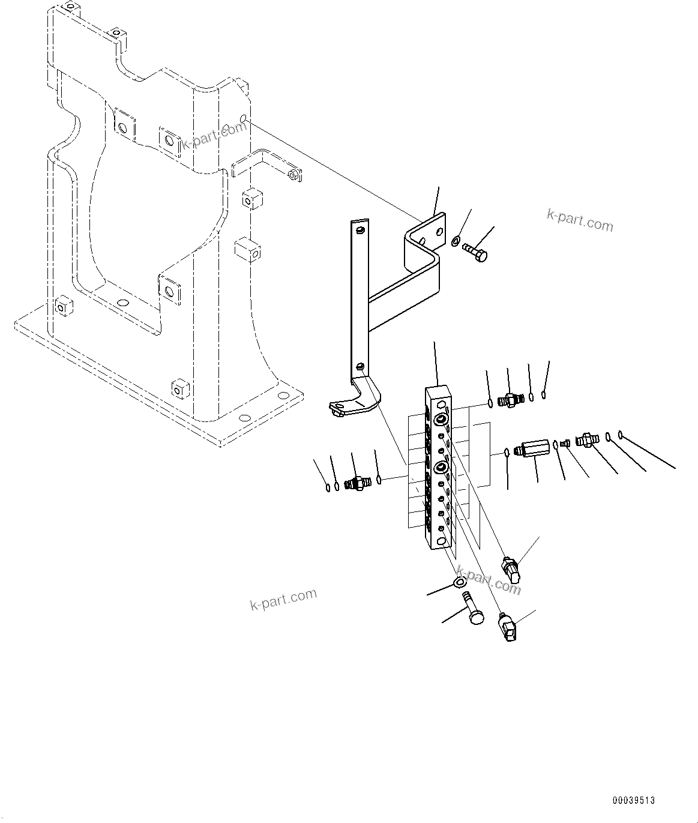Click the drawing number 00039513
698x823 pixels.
point(634,801)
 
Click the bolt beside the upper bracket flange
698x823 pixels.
point(475,252)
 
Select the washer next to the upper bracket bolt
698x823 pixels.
point(456,241)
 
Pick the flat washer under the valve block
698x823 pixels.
point(460,583)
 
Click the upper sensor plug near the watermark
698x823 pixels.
point(510,568)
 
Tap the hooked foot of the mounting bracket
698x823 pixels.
point(340,408)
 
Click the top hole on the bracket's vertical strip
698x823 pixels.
point(360,231)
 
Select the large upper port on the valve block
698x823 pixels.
point(441,420)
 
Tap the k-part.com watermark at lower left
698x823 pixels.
point(283,598)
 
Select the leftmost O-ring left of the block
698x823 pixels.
point(328,487)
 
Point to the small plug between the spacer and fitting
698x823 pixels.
point(565,442)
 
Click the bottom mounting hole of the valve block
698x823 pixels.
point(442,541)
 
